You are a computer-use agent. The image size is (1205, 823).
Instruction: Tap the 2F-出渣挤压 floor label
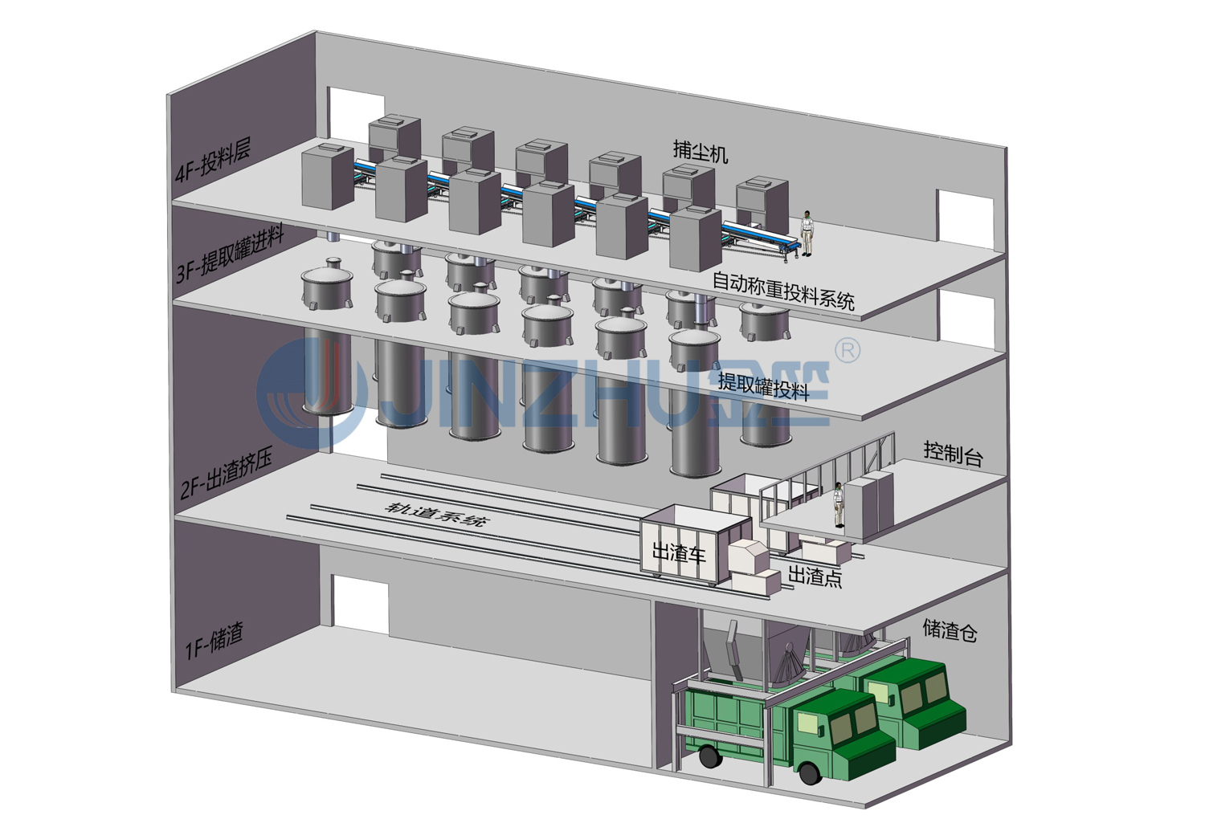coord(227,475)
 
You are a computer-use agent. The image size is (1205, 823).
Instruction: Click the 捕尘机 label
coord(701,150)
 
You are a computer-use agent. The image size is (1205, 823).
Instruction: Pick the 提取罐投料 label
coord(763,386)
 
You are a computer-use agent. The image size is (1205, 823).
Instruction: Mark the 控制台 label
coord(953,454)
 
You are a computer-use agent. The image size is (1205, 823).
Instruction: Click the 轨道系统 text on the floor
coord(436,513)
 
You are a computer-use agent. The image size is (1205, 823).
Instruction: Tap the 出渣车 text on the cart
coord(678,552)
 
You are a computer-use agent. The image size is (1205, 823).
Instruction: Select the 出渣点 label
coord(815,576)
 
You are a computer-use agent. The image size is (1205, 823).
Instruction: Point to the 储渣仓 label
coord(950,629)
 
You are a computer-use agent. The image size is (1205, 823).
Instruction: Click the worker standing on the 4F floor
coord(806,233)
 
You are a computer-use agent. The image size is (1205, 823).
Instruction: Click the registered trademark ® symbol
coord(848,350)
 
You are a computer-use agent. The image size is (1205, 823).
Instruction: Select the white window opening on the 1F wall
coord(361,602)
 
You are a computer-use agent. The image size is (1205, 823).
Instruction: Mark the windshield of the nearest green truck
coord(851,723)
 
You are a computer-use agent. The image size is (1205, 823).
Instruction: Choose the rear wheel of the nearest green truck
coord(708,756)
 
